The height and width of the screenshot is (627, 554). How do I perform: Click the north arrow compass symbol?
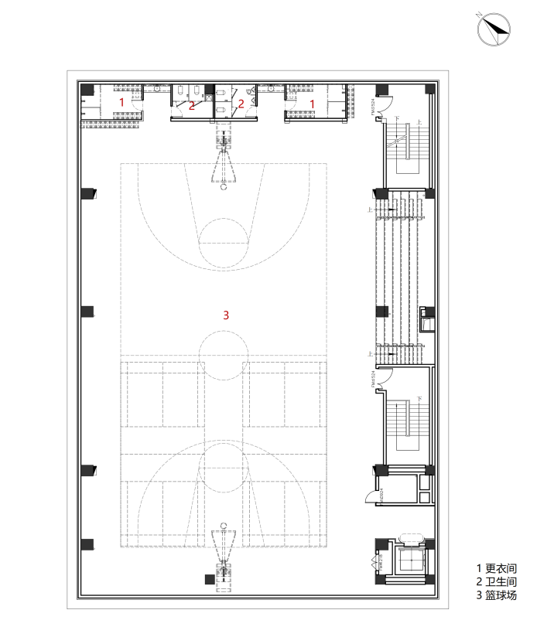point(494,29)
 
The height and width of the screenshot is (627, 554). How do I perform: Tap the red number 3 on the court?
point(226,315)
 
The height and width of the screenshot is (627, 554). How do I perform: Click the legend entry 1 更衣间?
point(495,567)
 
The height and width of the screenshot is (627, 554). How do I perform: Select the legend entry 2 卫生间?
point(496,581)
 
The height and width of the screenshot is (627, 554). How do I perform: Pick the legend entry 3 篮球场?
point(496,595)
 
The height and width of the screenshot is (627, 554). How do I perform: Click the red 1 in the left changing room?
point(121,102)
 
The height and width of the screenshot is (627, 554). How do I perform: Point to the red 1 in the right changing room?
point(313,102)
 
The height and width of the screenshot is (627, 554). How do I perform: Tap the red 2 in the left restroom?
point(192,105)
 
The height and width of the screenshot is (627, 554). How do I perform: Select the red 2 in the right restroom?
point(241,103)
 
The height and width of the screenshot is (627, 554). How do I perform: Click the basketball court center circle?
point(224,355)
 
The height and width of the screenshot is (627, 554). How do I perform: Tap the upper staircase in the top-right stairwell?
point(405,147)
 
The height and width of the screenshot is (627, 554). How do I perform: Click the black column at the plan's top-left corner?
point(87,90)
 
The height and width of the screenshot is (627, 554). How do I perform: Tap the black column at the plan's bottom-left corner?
point(87,544)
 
